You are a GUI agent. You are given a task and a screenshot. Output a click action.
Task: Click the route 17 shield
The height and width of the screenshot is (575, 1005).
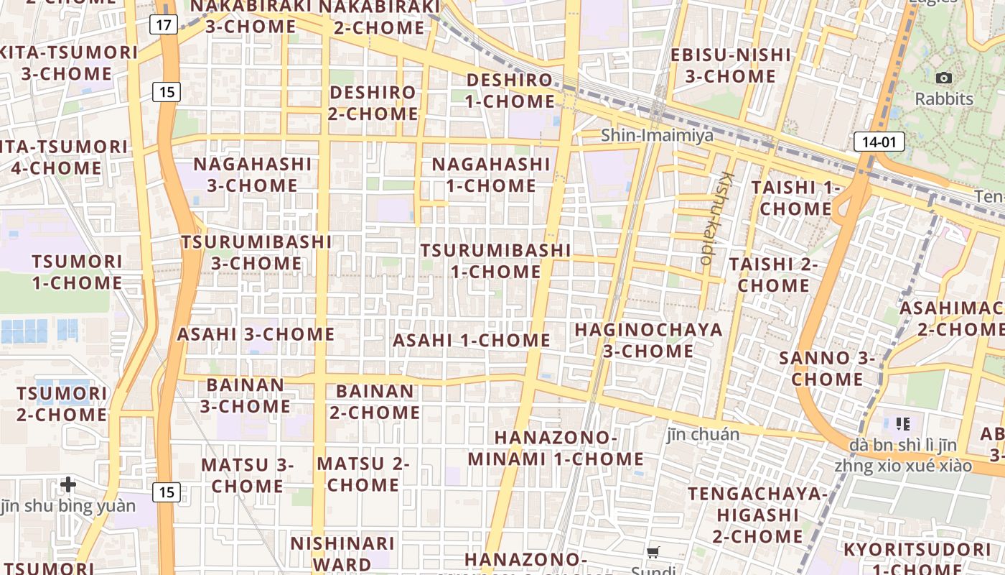pyautogui.click(x=164, y=25)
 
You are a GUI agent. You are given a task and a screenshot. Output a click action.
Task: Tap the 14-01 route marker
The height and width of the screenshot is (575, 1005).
pyautogui.click(x=879, y=142)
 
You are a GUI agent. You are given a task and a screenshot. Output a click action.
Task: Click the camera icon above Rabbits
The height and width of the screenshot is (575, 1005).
pyautogui.click(x=944, y=78)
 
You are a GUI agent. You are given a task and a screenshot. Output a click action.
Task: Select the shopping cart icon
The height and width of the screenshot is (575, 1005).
pyautogui.click(x=653, y=553)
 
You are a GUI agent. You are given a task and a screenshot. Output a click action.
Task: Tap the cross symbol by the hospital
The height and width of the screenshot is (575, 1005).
pyautogui.click(x=68, y=484)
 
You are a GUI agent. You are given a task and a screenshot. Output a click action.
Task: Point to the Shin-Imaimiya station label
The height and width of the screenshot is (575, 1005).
pyautogui.click(x=657, y=135)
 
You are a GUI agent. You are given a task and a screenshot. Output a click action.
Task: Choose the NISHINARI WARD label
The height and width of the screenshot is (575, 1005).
pyautogui.click(x=342, y=553)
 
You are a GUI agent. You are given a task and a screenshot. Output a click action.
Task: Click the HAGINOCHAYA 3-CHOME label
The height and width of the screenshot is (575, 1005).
pyautogui.click(x=648, y=340)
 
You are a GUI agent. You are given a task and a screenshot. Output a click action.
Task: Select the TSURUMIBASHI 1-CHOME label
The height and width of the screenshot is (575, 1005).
pyautogui.click(x=495, y=260)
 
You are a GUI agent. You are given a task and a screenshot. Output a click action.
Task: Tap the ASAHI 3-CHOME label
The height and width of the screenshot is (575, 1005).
pyautogui.click(x=256, y=334)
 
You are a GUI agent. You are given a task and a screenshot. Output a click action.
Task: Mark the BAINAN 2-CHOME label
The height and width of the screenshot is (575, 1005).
pyautogui.click(x=375, y=402)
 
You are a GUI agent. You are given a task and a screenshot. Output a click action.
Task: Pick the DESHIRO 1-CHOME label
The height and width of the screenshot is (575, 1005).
pyautogui.click(x=510, y=91)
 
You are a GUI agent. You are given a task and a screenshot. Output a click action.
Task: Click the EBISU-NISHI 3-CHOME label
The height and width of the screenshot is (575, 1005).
pyautogui.click(x=730, y=65)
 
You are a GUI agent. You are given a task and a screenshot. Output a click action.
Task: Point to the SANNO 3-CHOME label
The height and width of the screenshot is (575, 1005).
pyautogui.click(x=827, y=368)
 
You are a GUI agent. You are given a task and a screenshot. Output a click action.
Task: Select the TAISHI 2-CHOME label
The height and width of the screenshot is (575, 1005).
pyautogui.click(x=774, y=275)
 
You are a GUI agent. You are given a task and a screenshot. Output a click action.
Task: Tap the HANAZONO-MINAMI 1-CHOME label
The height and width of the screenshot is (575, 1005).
pyautogui.click(x=556, y=448)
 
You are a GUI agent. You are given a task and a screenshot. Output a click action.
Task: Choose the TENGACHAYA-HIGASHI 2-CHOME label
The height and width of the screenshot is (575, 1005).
pyautogui.click(x=757, y=515)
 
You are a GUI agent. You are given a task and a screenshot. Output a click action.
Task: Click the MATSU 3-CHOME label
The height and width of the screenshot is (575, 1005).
pyautogui.click(x=248, y=475)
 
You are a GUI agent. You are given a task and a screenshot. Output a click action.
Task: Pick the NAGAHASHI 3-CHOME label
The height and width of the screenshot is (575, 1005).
pyautogui.click(x=253, y=175)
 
